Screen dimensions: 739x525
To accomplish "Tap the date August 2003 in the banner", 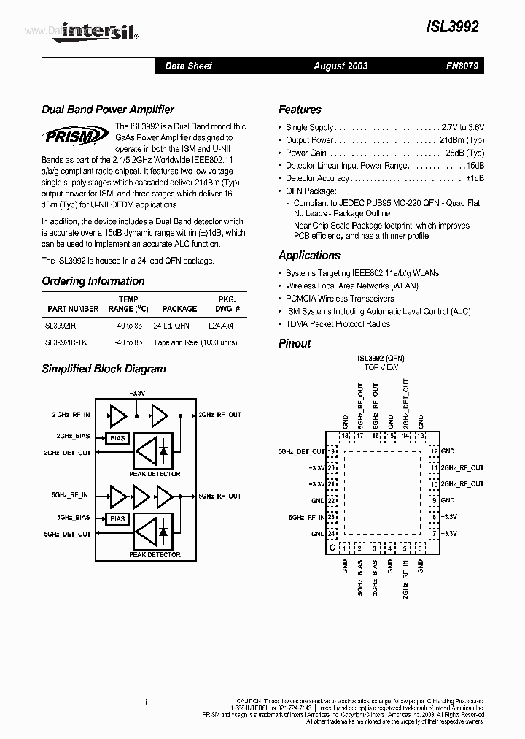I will click(341, 66).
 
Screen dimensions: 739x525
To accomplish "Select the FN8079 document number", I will click(462, 66).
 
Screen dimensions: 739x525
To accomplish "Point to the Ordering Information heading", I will click(93, 281).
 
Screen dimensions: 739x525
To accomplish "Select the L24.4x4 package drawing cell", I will click(222, 326).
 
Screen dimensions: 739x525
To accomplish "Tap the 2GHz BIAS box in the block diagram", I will click(118, 438).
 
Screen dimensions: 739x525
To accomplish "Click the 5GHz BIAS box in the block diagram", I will click(118, 518).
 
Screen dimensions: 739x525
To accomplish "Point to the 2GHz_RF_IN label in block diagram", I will click(71, 415).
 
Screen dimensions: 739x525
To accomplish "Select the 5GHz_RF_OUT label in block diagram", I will click(220, 496).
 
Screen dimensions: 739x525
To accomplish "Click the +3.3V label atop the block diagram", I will click(137, 393).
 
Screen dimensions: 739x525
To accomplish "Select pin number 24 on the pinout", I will click(332, 534).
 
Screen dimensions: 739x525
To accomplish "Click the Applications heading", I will click(309, 256).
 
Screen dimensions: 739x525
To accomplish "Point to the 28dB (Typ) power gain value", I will click(464, 153).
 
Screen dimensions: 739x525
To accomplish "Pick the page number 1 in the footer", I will click(147, 702).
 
